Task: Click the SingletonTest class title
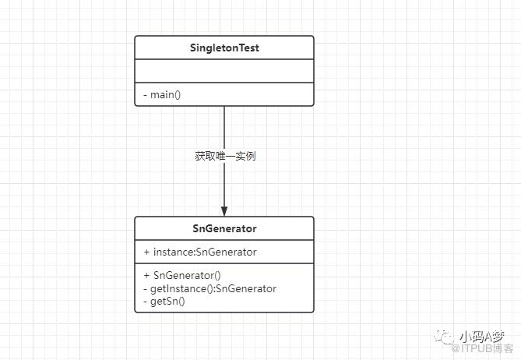[224, 48]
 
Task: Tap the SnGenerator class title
[224, 228]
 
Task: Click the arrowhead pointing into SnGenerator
[224, 211]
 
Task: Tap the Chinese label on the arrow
[225, 156]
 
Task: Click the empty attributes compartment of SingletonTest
[224, 71]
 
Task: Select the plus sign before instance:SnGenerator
[146, 252]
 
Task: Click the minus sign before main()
[145, 95]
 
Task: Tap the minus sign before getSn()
[145, 302]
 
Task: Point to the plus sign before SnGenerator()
[146, 276]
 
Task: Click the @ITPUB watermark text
[483, 348]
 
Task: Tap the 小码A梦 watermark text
[482, 337]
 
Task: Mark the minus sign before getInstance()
[145, 289]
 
